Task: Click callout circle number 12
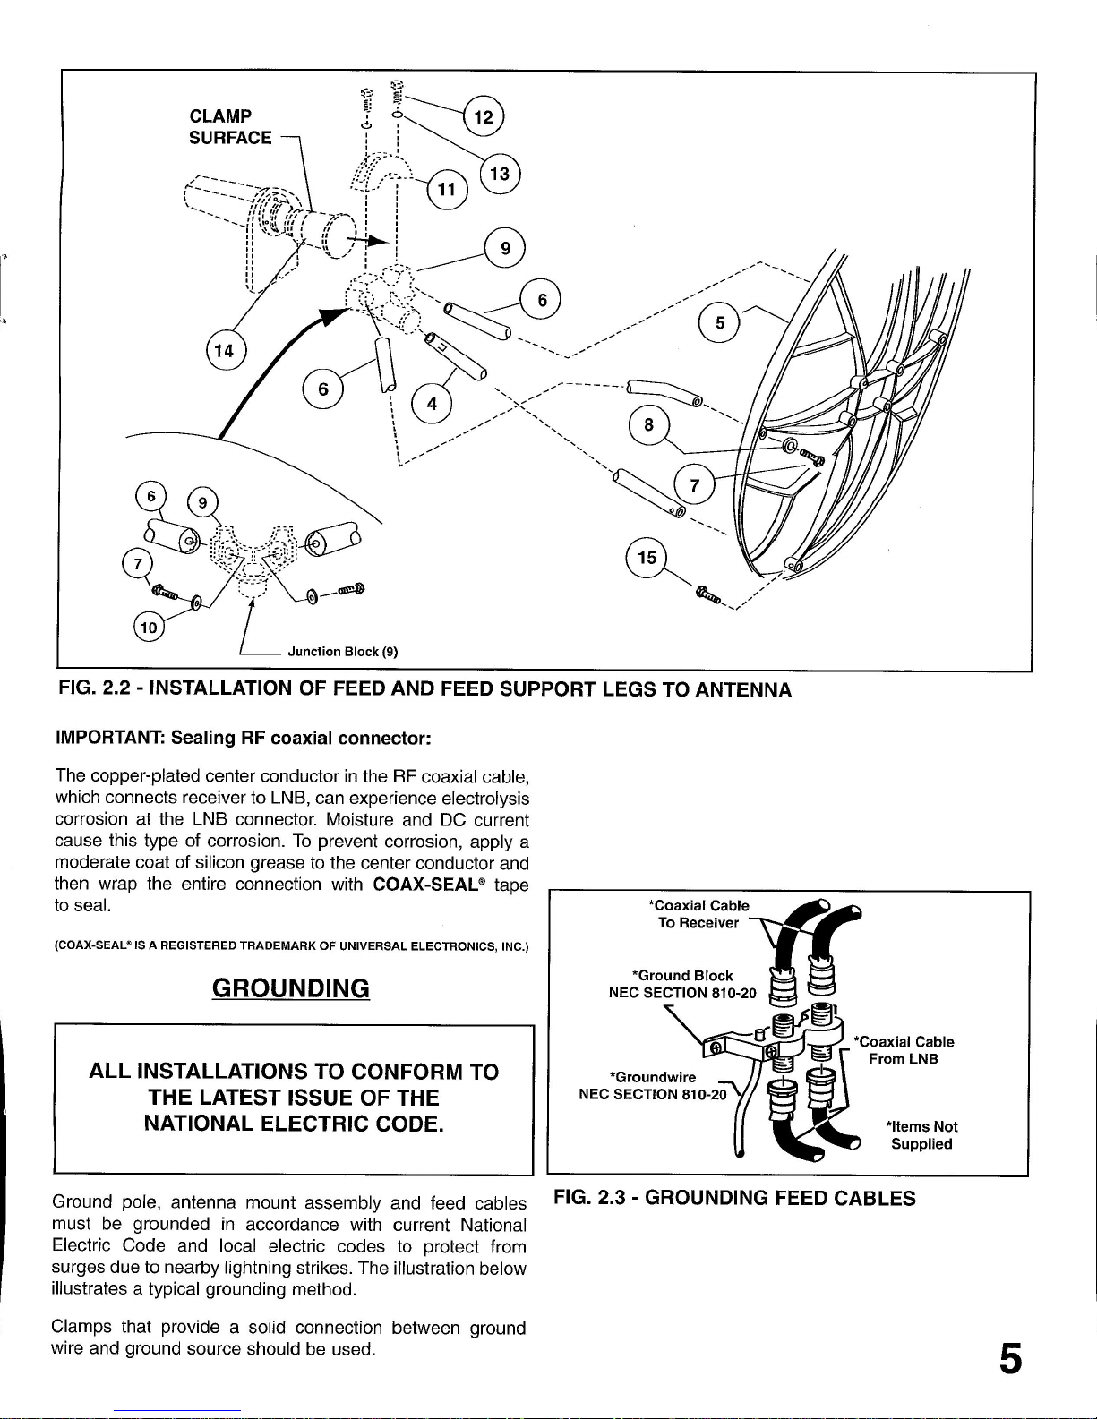coord(484,116)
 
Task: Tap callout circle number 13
coord(500,174)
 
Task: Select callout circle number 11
coord(447,189)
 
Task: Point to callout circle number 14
coord(224,350)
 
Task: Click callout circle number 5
coord(720,323)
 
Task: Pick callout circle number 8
coord(647,424)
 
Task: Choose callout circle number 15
coord(647,558)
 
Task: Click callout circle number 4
coord(432,404)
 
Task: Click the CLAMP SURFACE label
coord(230,127)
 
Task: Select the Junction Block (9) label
coord(342,652)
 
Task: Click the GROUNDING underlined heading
coord(291,988)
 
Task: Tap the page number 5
coord(1009,1358)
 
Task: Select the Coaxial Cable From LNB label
coord(904,1050)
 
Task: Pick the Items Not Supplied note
coord(921,1135)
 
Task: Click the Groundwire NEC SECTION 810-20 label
coord(651,1085)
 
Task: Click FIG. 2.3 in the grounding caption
coord(595,1198)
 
